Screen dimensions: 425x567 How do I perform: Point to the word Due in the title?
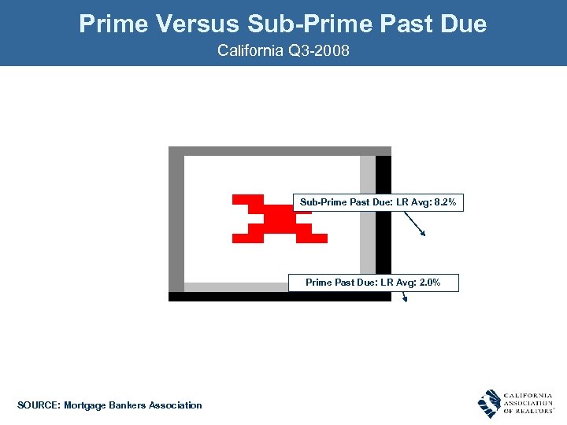(464, 24)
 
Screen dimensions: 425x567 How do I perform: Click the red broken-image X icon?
(280, 218)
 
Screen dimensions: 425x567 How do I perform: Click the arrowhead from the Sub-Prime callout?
(423, 232)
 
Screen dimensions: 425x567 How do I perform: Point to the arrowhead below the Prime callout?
(406, 297)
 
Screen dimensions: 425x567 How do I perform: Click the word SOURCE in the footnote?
(36, 405)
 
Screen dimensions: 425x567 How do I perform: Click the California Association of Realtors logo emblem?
(489, 403)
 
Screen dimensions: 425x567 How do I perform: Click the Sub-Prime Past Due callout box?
(376, 203)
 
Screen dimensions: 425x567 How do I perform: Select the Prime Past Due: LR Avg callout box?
(372, 283)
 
